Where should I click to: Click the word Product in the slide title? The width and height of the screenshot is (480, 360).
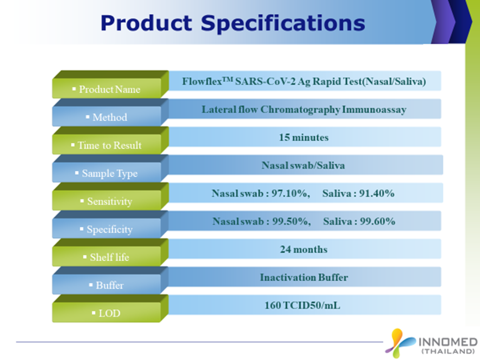pos(146,23)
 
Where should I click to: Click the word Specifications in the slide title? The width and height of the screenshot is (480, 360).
pos(283,24)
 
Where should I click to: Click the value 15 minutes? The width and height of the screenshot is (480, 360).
pos(304,138)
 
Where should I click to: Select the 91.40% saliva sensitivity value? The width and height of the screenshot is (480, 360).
pos(376,193)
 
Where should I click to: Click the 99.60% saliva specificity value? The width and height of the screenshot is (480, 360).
pos(377,222)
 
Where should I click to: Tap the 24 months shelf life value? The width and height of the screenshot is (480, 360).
pos(304,250)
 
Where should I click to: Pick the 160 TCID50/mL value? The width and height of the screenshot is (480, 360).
pos(302,306)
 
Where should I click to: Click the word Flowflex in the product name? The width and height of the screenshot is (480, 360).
pos(202,82)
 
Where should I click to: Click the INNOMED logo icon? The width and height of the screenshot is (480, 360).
pos(399,342)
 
